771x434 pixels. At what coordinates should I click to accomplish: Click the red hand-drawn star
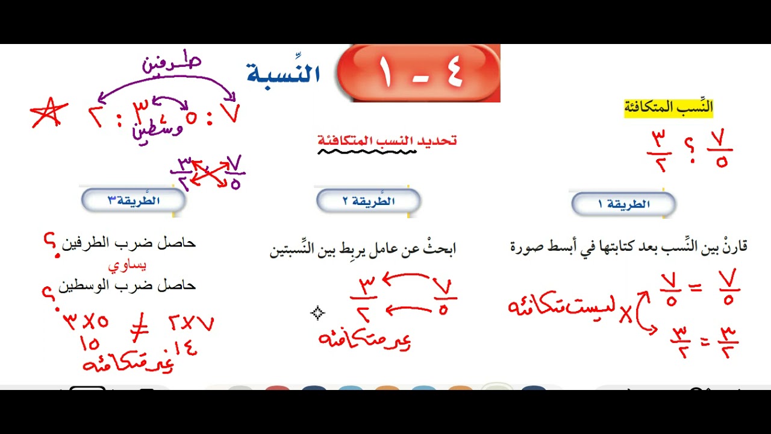pyautogui.click(x=48, y=113)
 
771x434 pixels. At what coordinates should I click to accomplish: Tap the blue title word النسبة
pyautogui.click(x=283, y=74)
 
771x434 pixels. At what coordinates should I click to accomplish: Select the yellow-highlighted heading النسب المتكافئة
pyautogui.click(x=668, y=108)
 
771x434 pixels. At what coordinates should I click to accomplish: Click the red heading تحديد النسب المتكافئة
pyautogui.click(x=387, y=141)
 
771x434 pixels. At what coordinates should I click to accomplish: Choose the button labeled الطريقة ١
pyautogui.click(x=623, y=204)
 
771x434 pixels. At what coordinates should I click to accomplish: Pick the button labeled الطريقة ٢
pyautogui.click(x=368, y=201)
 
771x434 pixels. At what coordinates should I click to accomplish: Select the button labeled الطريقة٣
pyautogui.click(x=133, y=201)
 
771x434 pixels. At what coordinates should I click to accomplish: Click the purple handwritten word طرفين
pyautogui.click(x=172, y=64)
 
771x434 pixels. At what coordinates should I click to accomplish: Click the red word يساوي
pyautogui.click(x=127, y=265)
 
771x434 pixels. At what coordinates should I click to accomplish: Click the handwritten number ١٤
pyautogui.click(x=185, y=348)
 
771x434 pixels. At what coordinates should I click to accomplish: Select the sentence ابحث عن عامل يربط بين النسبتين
pyautogui.click(x=363, y=249)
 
